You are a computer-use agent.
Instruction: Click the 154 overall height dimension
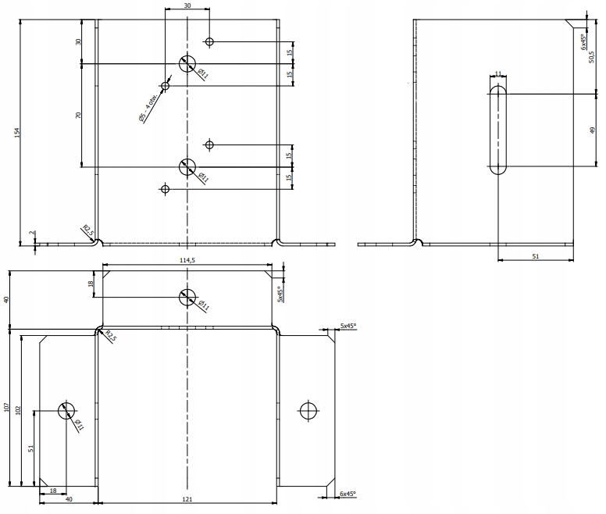17,134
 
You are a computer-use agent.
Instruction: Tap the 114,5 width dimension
187,261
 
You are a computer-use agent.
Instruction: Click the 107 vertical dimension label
7,407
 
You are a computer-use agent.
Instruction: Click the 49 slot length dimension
592,130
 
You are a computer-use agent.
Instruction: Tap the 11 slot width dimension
498,73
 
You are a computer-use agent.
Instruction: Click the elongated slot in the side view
498,130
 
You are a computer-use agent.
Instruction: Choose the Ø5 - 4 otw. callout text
148,106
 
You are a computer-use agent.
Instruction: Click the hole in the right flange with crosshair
309,410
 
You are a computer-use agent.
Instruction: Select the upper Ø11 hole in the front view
187,63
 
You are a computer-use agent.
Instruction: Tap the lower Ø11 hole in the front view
187,166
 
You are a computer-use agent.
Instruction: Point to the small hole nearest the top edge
209,41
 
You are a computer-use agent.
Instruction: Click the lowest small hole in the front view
165,188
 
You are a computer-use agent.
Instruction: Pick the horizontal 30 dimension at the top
187,5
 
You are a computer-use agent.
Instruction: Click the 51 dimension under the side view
535,255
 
